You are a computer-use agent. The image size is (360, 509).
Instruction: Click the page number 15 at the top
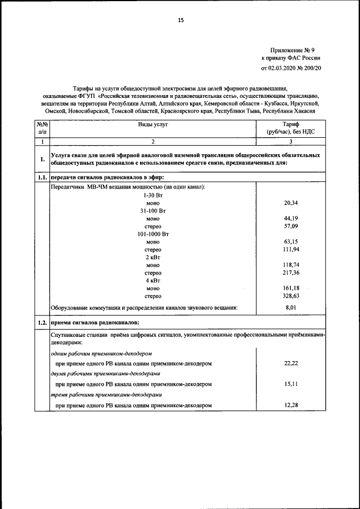coord(181,20)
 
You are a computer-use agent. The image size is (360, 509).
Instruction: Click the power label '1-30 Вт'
coord(153,194)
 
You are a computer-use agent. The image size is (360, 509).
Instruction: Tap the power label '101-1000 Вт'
coord(153,233)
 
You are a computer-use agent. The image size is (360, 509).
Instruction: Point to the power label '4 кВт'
coord(153,280)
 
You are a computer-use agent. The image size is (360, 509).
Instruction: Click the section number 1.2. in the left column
coord(42,323)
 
